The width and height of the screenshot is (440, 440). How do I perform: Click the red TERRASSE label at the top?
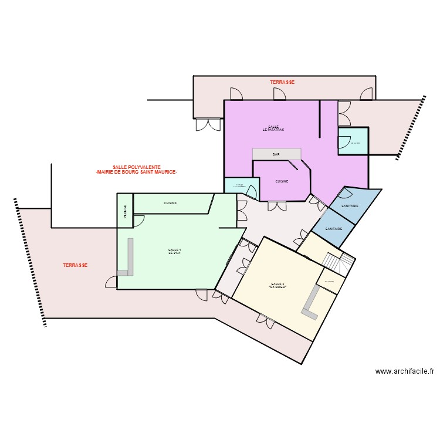coord(282,83)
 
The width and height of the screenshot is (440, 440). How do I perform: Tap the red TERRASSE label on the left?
coord(75,265)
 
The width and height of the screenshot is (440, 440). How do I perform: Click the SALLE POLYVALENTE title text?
coord(136,170)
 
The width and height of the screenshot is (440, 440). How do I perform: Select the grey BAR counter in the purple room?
coord(276,154)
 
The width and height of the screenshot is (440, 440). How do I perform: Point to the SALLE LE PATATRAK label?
coord(273,128)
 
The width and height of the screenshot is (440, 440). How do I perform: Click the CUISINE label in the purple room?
coord(282,182)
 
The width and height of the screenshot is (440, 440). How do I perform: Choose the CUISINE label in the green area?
coord(170,203)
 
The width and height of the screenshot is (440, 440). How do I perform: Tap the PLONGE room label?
coord(125,211)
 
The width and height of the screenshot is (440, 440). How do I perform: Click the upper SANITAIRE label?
coord(350,206)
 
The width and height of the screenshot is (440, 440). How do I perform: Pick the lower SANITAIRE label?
coord(334,228)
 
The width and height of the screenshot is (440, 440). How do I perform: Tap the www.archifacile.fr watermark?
coord(405,371)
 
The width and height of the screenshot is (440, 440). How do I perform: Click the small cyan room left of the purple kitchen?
coord(241,186)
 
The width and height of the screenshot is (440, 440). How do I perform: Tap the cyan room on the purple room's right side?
coord(353,141)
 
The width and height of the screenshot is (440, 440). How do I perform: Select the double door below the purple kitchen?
coord(276,205)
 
